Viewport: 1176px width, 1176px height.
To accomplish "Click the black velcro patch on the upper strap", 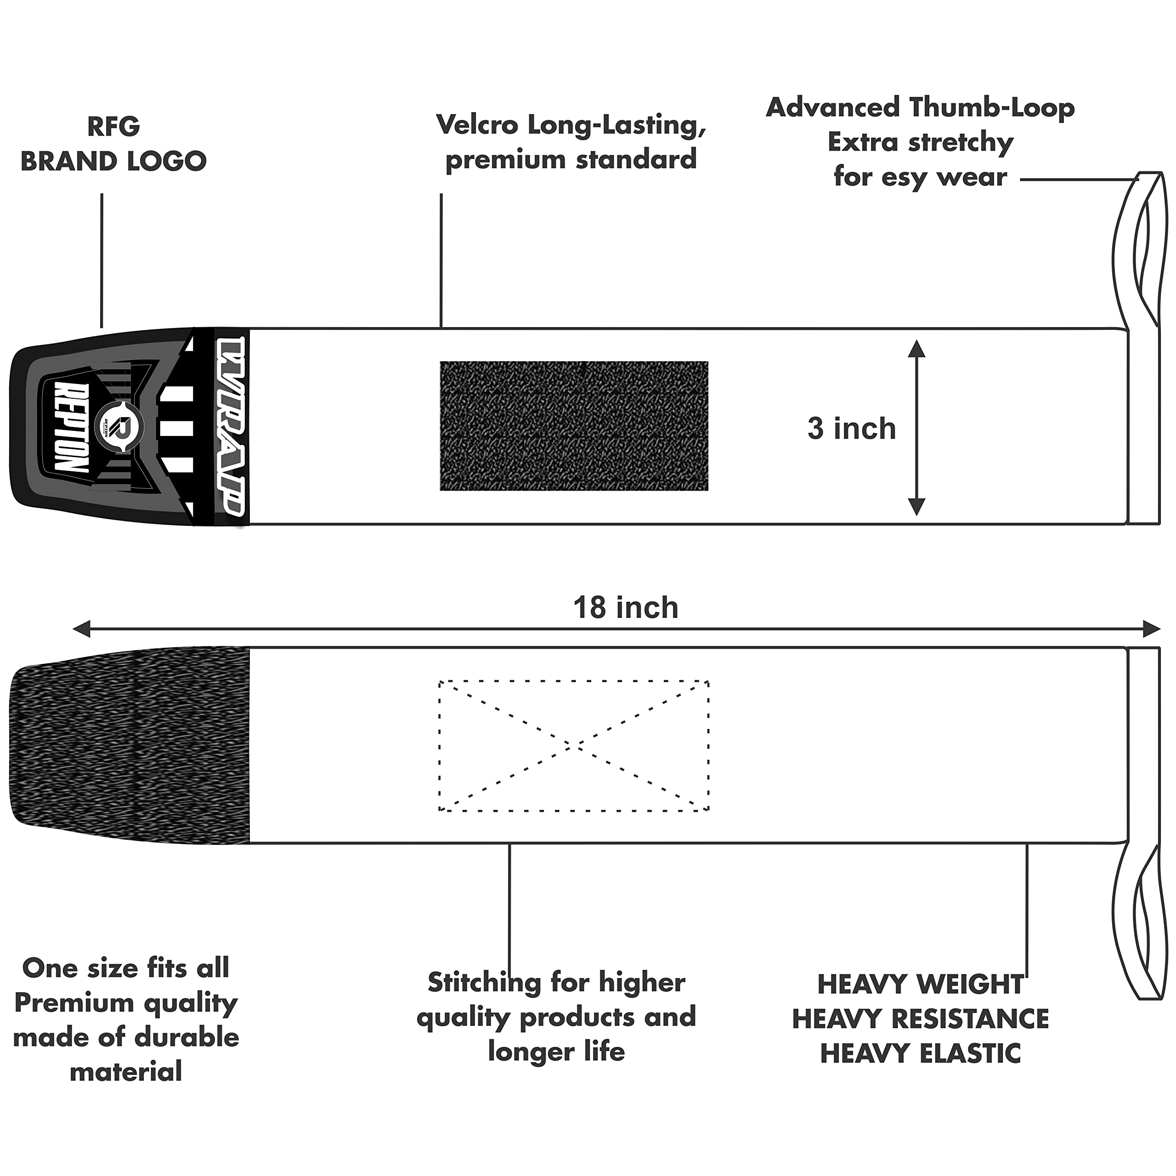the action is (574, 426).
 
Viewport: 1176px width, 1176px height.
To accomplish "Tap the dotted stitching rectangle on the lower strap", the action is (574, 681).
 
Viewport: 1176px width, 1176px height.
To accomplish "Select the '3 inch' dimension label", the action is (852, 429).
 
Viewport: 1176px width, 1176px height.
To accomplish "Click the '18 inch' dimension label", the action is (626, 607).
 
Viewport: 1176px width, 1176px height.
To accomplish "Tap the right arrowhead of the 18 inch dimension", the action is (1151, 629).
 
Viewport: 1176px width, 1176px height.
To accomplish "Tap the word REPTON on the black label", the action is (71, 427).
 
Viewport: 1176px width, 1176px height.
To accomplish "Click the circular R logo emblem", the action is (120, 427).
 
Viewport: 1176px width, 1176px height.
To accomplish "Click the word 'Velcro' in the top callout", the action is (477, 125).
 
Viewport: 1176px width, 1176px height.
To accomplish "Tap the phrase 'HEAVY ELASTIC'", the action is (920, 1053).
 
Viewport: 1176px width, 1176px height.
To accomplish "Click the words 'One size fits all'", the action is (126, 968).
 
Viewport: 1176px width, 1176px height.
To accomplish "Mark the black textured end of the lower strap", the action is (130, 745).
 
